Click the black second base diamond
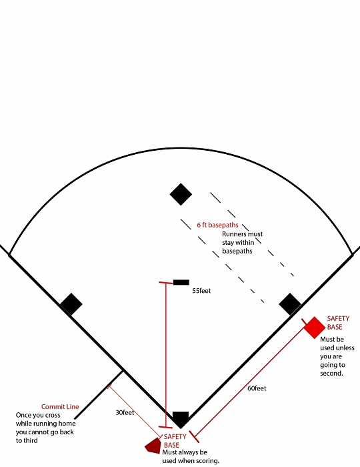(x=181, y=194)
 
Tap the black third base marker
(x=71, y=304)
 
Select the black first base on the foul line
(x=290, y=304)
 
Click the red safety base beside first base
(x=314, y=328)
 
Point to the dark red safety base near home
(x=153, y=446)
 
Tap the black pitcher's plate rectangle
(x=181, y=282)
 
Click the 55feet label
(x=201, y=291)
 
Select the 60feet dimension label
(x=257, y=388)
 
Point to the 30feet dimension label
(x=125, y=412)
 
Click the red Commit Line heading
(x=60, y=406)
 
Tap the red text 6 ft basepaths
(x=217, y=225)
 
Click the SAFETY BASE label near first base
(x=338, y=322)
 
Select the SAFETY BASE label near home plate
(x=175, y=441)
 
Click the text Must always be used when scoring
(x=191, y=456)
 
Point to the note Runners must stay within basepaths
(x=242, y=242)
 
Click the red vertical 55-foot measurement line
(x=166, y=355)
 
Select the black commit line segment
(x=99, y=395)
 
